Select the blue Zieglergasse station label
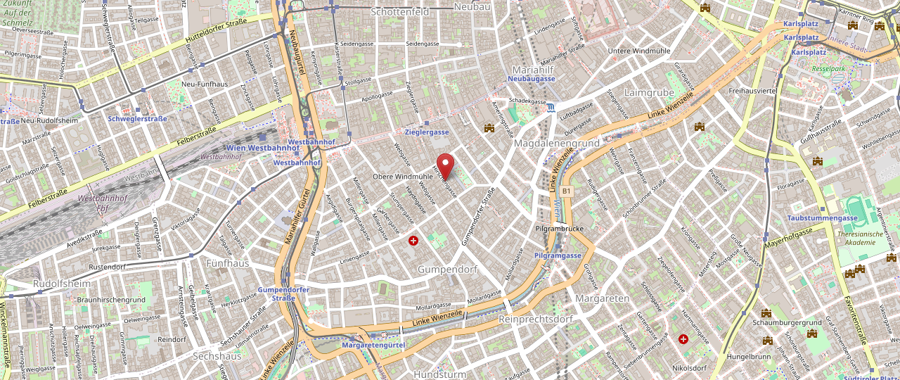click(427, 132)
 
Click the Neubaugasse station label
click(531, 79)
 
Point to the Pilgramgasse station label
click(558, 255)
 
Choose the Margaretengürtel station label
click(373, 346)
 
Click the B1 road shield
click(567, 191)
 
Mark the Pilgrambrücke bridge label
click(560, 229)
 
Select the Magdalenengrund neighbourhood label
click(556, 143)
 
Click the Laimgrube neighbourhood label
click(649, 92)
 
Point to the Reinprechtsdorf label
click(535, 319)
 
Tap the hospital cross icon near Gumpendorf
click(413, 241)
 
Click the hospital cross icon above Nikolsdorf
click(683, 339)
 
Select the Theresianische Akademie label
click(870, 238)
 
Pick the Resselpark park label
click(828, 69)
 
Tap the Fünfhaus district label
click(228, 263)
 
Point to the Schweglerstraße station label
click(137, 119)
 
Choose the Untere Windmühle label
click(639, 51)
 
